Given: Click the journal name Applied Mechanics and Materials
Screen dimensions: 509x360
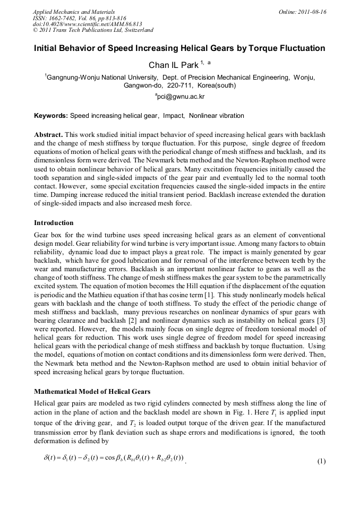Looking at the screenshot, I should (x=74, y=11).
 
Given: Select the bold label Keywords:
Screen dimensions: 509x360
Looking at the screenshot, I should (x=51, y=115).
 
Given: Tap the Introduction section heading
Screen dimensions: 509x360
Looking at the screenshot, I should (x=54, y=222).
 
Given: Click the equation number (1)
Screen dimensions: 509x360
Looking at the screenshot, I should (x=321, y=460).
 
